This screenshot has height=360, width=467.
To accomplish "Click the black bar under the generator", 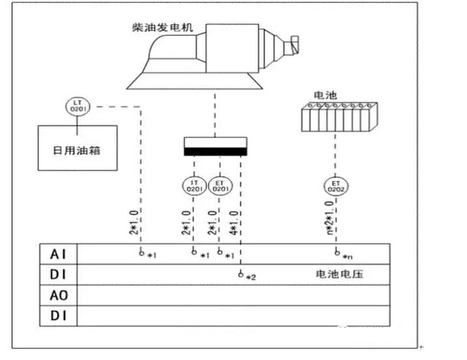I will click(x=215, y=151).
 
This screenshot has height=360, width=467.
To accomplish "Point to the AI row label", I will click(x=58, y=254).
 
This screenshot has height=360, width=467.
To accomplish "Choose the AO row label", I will click(x=58, y=294).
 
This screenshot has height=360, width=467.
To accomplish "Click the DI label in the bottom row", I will click(x=58, y=315).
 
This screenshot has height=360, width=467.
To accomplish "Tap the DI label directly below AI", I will click(x=58, y=274).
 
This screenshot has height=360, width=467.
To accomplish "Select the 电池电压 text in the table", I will click(x=339, y=274).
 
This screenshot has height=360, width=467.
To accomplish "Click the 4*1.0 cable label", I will click(x=235, y=223).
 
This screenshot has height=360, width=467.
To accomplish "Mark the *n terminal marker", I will click(x=345, y=256).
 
